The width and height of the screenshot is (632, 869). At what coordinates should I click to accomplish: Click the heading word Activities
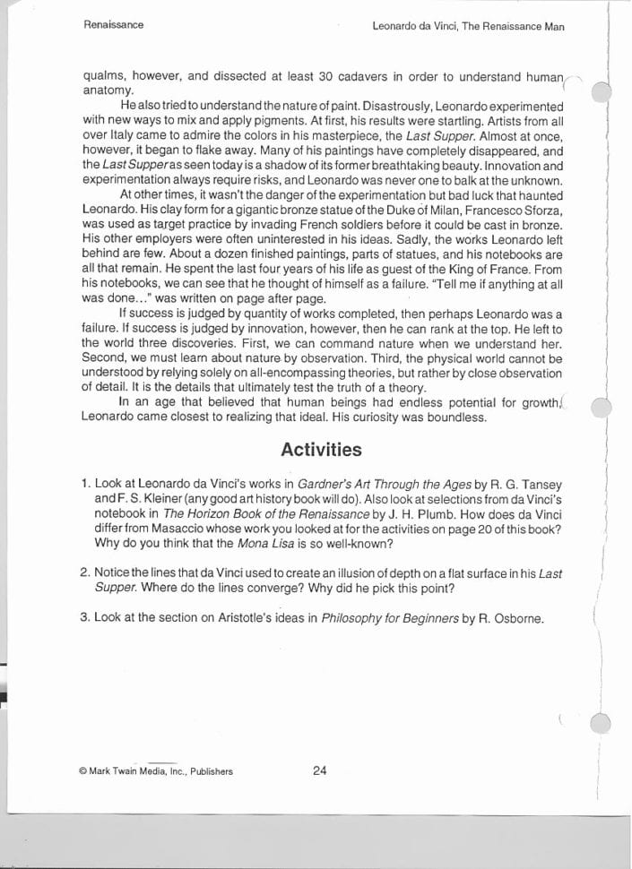click(x=321, y=450)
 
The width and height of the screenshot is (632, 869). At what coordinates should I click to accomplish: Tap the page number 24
click(x=319, y=770)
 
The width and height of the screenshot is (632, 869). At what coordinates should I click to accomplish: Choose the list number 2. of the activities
click(x=84, y=572)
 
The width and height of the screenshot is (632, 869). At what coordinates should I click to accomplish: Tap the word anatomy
click(x=108, y=90)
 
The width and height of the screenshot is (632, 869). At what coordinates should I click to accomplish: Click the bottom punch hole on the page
click(x=602, y=723)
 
